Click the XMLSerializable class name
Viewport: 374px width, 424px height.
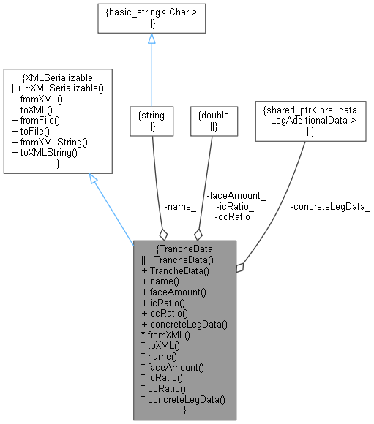[x=58, y=77]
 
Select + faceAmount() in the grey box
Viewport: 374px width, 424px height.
[x=173, y=292]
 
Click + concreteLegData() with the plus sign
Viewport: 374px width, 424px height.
[x=185, y=324]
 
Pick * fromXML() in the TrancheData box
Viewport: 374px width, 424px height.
[x=166, y=335]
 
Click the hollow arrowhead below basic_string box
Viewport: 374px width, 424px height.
[x=151, y=39]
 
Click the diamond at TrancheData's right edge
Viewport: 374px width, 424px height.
[x=240, y=268]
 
